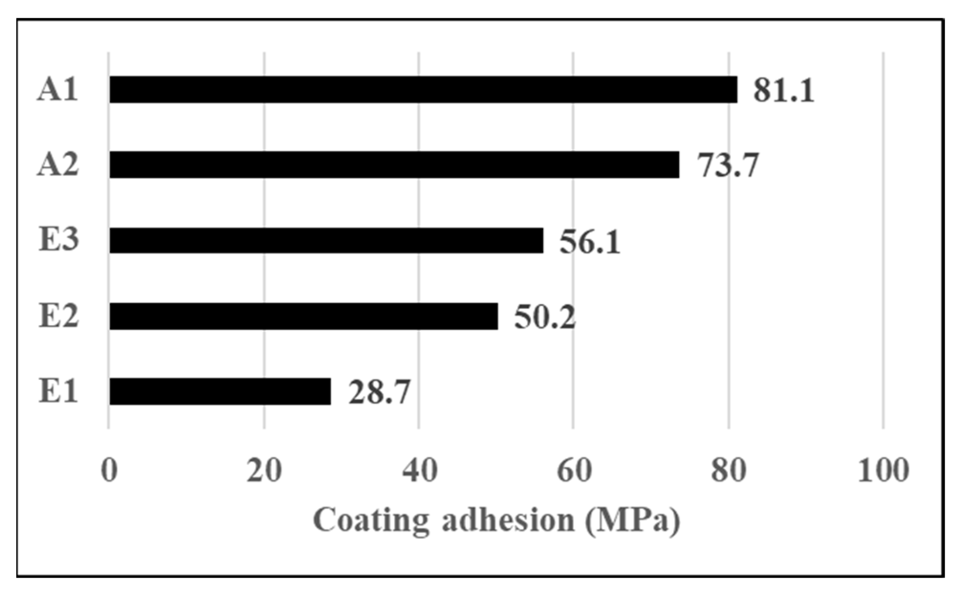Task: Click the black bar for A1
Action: pos(423,89)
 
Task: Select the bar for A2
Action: pos(394,165)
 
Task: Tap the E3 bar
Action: pos(326,240)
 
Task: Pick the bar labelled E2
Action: pos(304,316)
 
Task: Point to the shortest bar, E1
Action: pos(220,391)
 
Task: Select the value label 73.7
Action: pos(728,165)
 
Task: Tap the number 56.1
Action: pos(590,241)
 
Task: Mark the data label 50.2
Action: pos(545,317)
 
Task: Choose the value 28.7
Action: pos(379,392)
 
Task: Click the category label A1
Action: pos(57,89)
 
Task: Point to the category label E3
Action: pos(58,240)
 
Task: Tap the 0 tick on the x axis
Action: pos(109,470)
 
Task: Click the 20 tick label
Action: pos(264,470)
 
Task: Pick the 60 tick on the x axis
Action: pos(574,470)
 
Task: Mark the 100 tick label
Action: pos(883,470)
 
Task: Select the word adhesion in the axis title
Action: pos(508,520)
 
